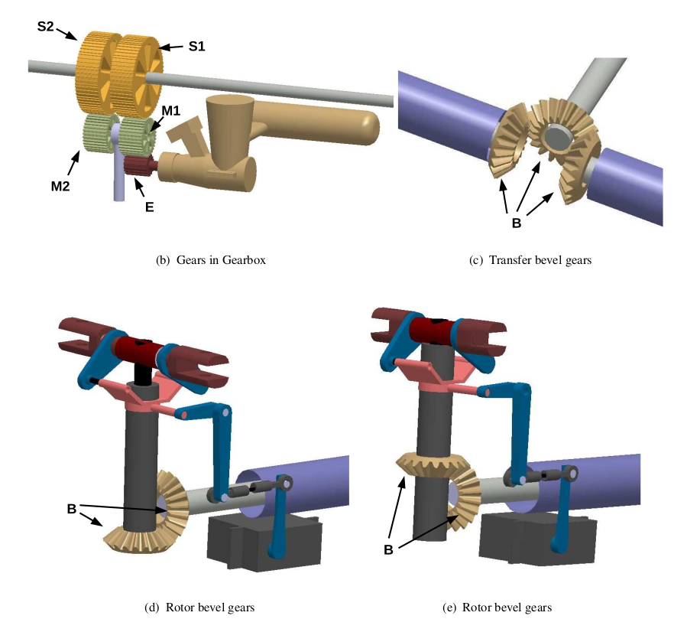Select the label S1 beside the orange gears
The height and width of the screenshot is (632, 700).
(196, 47)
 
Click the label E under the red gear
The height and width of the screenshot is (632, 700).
(149, 206)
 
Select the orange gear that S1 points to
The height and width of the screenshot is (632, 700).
(136, 73)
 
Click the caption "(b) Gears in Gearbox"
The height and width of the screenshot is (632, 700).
(210, 260)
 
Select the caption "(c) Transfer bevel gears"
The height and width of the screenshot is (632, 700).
(530, 260)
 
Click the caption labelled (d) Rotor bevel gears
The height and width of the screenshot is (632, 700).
(199, 608)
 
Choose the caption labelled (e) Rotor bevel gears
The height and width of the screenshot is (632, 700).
(497, 608)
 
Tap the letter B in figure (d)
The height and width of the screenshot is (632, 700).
(71, 508)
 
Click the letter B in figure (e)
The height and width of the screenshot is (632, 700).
(389, 548)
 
